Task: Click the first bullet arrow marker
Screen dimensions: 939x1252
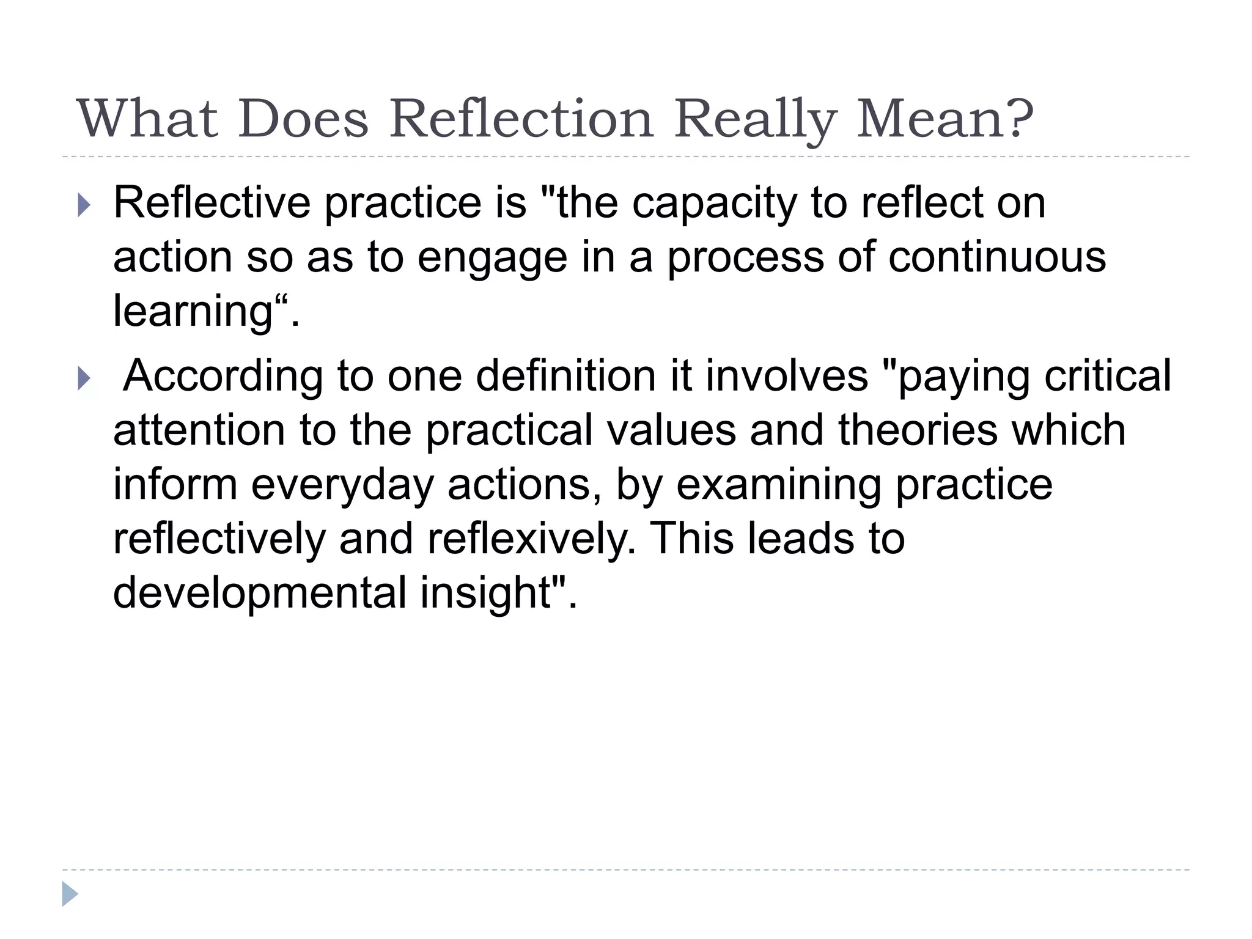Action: coord(84,205)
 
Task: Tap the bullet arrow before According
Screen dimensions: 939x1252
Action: coord(84,379)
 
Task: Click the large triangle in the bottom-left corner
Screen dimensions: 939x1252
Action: coord(70,894)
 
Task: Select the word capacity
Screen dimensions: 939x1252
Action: coord(713,204)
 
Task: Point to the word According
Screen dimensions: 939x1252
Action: coord(223,377)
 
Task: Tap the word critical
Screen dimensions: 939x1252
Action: coord(1107,375)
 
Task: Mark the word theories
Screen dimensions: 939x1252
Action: coord(918,430)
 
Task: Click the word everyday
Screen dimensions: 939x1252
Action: coord(342,485)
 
